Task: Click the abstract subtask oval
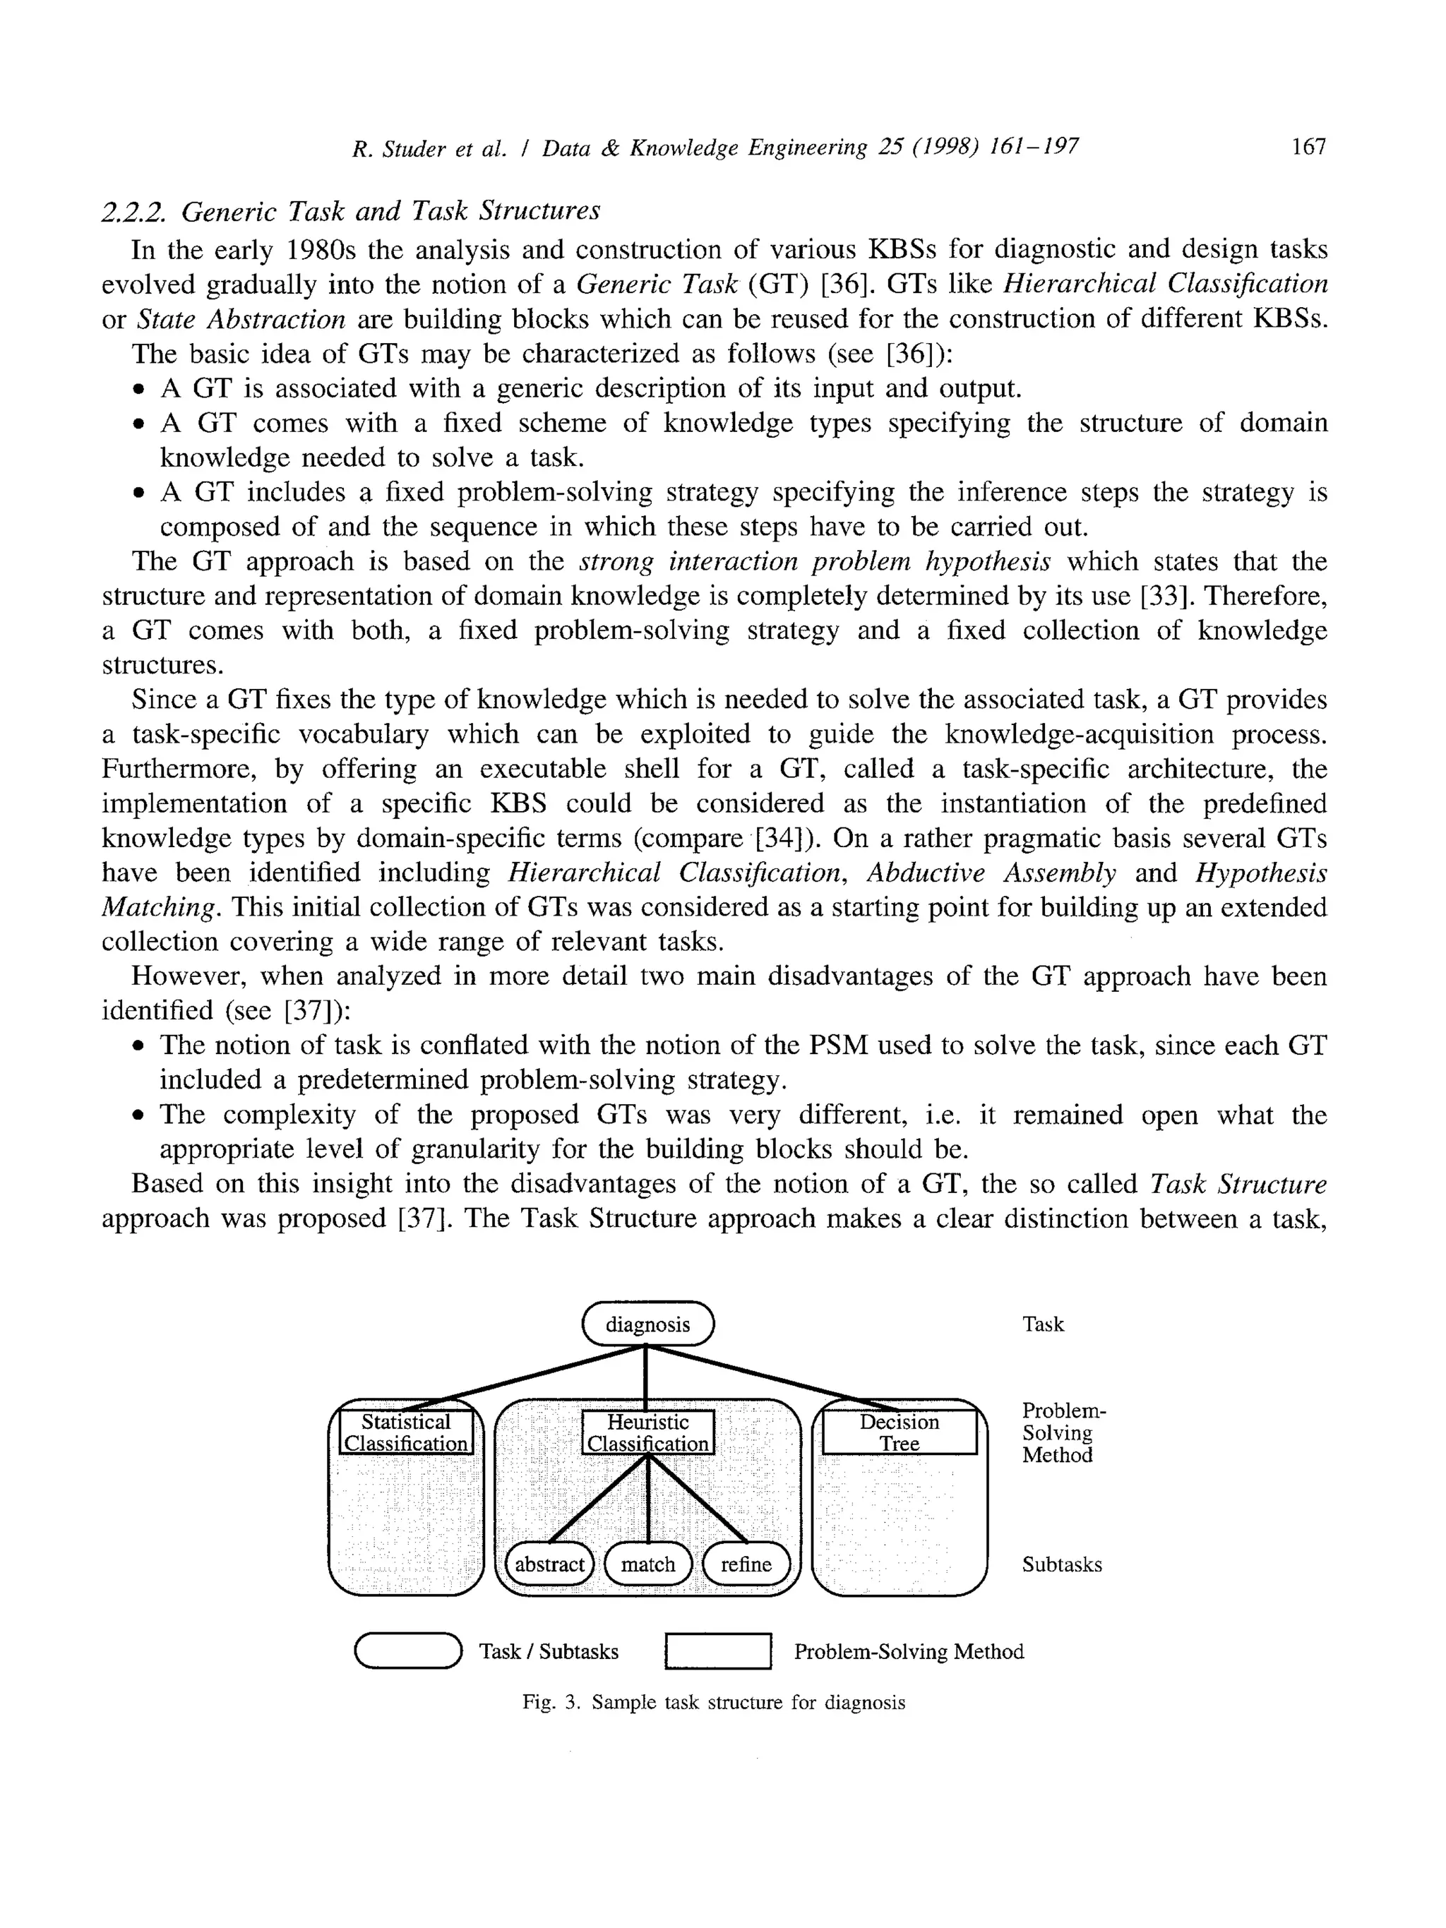(549, 1564)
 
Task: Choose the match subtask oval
(647, 1564)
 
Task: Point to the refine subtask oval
(746, 1564)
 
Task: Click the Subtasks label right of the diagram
(1062, 1564)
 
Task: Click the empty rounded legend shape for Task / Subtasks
(407, 1651)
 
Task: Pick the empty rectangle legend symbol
(718, 1651)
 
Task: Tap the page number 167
(1308, 146)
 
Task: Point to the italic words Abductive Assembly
(991, 873)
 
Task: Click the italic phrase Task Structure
(1238, 1184)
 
